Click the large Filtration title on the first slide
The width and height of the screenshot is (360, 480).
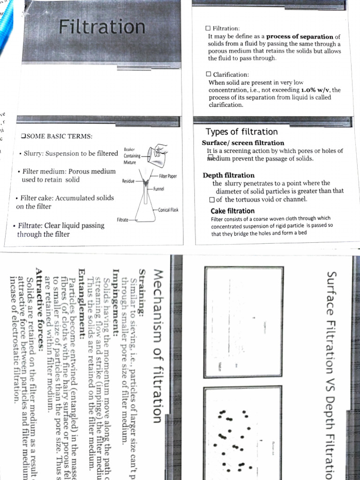[x=102, y=27]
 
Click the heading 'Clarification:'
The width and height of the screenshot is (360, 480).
[x=231, y=75]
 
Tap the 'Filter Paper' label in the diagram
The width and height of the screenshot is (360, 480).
[x=167, y=176]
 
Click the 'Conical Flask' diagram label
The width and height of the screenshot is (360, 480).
[x=168, y=210]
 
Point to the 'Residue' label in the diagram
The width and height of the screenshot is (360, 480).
[x=128, y=180]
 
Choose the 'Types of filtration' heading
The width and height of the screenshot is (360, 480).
[x=241, y=132]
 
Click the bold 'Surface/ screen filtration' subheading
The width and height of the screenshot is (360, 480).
[x=243, y=143]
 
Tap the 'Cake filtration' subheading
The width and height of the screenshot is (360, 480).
[x=232, y=211]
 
